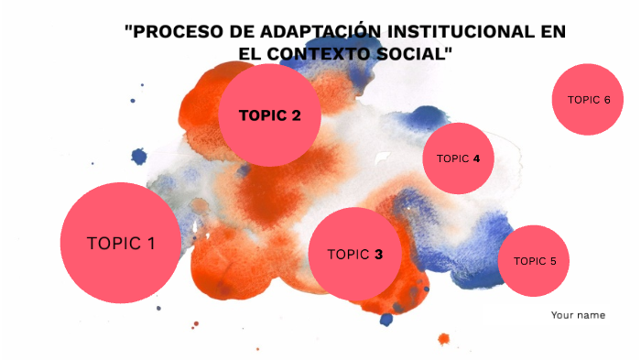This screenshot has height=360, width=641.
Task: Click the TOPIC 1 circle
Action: pyautogui.click(x=120, y=243)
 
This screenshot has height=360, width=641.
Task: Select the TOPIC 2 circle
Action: pyautogui.click(x=269, y=115)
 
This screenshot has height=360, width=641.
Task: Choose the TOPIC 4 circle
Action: pyautogui.click(x=458, y=158)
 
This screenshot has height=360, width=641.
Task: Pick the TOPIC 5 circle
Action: pyautogui.click(x=534, y=261)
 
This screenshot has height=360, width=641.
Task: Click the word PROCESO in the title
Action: pyautogui.click(x=172, y=32)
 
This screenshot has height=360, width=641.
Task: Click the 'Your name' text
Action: pyautogui.click(x=578, y=315)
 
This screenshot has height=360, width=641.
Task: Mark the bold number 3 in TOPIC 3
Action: pyautogui.click(x=378, y=255)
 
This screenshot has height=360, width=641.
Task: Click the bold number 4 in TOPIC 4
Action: pyautogui.click(x=476, y=158)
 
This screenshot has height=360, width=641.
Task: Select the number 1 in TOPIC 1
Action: pyautogui.click(x=150, y=244)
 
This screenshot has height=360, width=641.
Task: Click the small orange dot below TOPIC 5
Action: pyautogui.click(x=444, y=339)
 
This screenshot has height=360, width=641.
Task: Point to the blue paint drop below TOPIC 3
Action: pyautogui.click(x=386, y=320)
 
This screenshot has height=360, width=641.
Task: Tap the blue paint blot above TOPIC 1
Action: pyautogui.click(x=139, y=157)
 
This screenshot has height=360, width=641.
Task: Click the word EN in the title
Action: pyautogui.click(x=552, y=32)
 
